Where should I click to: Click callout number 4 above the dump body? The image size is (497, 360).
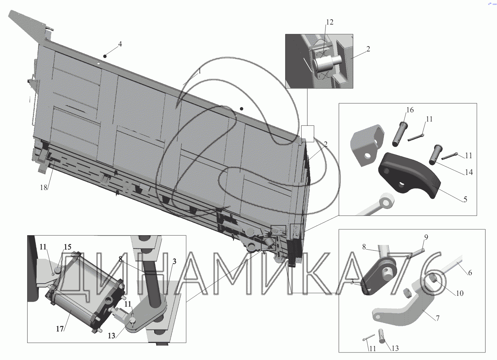(x=120, y=44)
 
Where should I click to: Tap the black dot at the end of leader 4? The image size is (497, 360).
(x=105, y=56)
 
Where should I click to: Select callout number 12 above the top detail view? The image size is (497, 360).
(x=329, y=22)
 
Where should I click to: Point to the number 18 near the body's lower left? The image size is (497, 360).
(x=44, y=188)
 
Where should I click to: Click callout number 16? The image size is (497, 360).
(x=410, y=110)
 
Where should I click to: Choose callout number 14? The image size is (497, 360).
(x=469, y=172)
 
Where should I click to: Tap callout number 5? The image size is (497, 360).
(x=465, y=199)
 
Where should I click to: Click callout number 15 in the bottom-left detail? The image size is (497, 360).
(x=68, y=247)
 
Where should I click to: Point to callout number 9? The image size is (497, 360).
(x=426, y=237)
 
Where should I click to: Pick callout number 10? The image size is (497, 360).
(x=460, y=293)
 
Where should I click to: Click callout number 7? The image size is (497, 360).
(x=437, y=318)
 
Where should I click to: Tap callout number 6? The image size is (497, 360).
(x=470, y=273)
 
